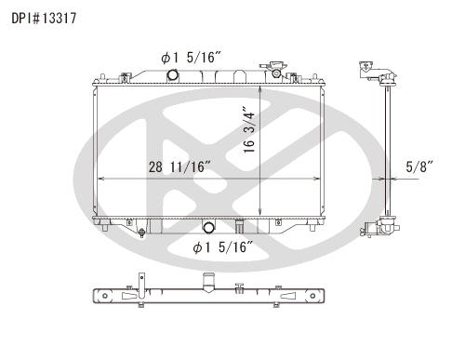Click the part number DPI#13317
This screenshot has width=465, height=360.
pos(44,19)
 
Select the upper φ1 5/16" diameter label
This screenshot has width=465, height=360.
pos(191,58)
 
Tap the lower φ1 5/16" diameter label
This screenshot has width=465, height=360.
pos(222,247)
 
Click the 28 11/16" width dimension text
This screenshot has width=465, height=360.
pos(179,167)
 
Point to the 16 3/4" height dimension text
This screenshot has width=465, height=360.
pos(249,129)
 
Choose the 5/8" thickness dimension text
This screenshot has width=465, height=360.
pos(419,167)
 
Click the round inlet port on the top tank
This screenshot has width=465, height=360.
pos(172,74)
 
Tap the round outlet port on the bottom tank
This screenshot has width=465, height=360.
pos(208,227)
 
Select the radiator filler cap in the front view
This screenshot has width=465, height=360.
pos(273,70)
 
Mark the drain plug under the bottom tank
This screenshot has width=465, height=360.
pos(142,233)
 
